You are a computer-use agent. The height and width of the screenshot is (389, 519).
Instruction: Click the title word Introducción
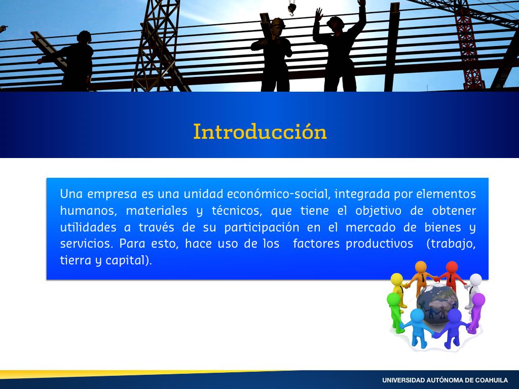(x=260, y=131)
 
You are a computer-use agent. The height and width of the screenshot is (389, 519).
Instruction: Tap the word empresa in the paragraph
(x=112, y=194)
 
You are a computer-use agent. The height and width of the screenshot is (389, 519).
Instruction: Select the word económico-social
(x=278, y=193)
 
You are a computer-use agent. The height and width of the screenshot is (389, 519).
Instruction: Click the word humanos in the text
(x=88, y=210)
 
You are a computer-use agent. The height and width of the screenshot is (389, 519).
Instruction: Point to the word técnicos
(x=237, y=210)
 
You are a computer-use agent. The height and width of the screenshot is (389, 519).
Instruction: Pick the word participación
(x=262, y=227)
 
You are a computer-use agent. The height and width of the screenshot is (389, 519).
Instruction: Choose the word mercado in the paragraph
(x=370, y=227)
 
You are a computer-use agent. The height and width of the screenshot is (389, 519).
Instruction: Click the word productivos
(x=379, y=244)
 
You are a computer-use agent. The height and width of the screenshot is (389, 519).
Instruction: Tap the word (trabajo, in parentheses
(x=451, y=244)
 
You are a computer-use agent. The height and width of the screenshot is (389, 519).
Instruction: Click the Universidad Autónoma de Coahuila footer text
(x=445, y=380)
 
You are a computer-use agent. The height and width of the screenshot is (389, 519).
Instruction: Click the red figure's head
(x=452, y=266)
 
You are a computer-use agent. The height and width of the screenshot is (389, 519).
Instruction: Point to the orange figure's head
(x=421, y=266)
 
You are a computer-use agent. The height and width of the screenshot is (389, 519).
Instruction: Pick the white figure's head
(x=475, y=279)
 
